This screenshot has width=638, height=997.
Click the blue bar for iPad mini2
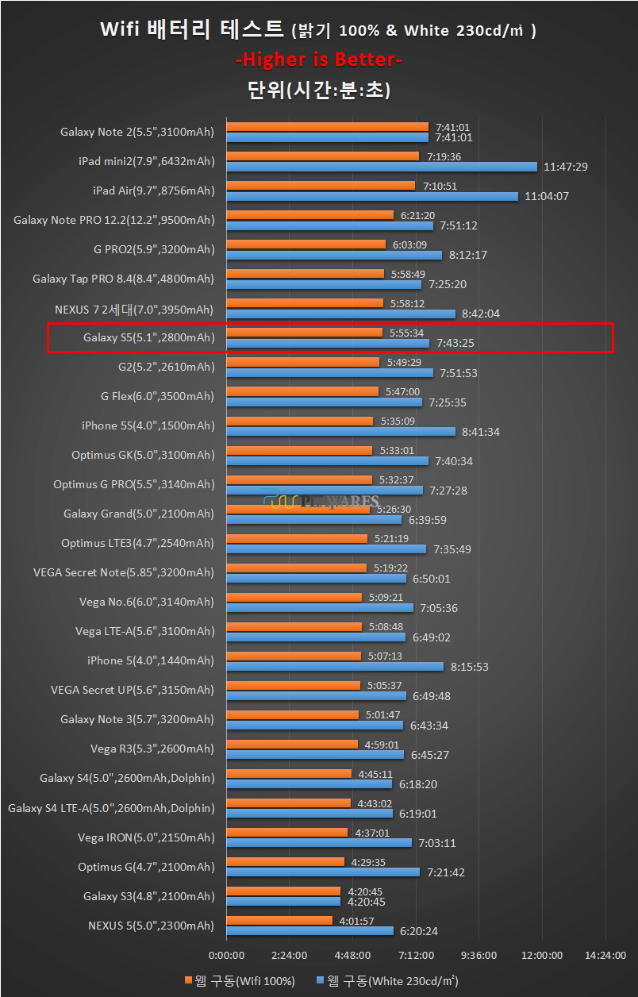pyautogui.click(x=383, y=167)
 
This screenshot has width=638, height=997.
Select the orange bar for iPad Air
pyautogui.click(x=321, y=186)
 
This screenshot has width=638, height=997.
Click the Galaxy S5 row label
pyautogui.click(x=148, y=338)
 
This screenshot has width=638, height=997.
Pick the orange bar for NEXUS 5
pyautogui.click(x=279, y=921)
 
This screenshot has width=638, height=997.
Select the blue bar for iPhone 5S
pyautogui.click(x=340, y=432)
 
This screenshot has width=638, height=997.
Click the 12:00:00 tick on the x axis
pyautogui.click(x=542, y=955)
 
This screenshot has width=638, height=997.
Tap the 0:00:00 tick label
pyautogui.click(x=226, y=955)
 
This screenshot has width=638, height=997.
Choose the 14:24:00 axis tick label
pyautogui.click(x=605, y=955)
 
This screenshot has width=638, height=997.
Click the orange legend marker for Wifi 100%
pyautogui.click(x=188, y=980)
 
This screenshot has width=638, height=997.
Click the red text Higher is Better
pyautogui.click(x=321, y=60)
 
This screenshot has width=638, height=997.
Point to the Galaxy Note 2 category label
pyautogui.click(x=137, y=133)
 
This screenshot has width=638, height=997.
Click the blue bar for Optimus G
pyautogui.click(x=323, y=872)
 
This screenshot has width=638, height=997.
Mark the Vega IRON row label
pyautogui.click(x=146, y=837)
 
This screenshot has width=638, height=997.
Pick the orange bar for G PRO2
pyautogui.click(x=306, y=244)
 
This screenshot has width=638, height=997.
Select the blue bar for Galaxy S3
pyautogui.click(x=283, y=901)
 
